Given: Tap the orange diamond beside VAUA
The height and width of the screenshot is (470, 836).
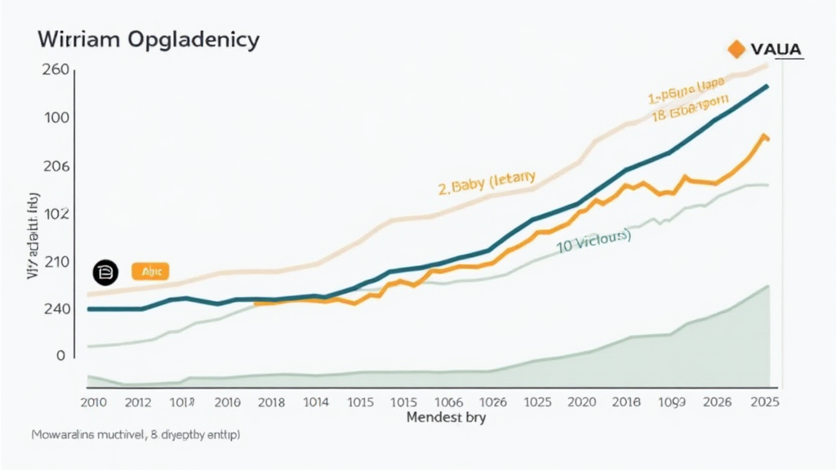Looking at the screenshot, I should point(736,50).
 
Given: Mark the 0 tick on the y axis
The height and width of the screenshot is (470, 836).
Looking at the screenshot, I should point(60,356).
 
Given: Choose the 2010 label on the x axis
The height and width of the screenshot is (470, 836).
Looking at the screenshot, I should point(96,401).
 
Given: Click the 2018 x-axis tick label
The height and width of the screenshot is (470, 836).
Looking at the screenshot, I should point(271,401).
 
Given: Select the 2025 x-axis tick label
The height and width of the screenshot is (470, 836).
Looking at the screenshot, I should point(763,401).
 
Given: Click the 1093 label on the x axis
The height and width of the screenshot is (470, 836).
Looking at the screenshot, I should point(673,401).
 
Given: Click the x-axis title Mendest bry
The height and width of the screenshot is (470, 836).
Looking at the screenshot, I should point(446,418).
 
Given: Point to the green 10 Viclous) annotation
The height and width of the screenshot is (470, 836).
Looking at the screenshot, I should point(594,242).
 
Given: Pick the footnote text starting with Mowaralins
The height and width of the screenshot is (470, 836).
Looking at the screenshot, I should point(135,436).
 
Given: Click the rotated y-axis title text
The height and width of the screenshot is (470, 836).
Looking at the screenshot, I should point(33,237).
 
